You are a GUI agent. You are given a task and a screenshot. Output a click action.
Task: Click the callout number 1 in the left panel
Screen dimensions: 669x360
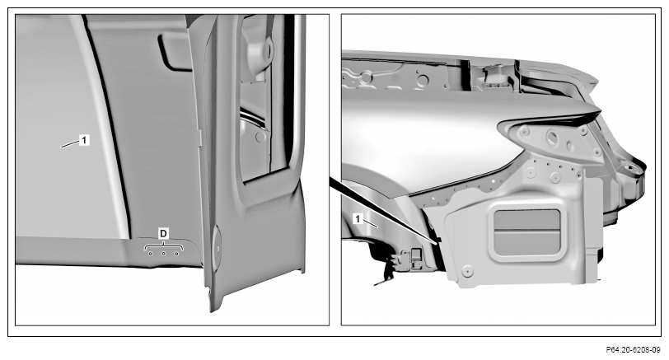85,139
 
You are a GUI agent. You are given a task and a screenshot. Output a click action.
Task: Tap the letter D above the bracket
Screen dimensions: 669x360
163,233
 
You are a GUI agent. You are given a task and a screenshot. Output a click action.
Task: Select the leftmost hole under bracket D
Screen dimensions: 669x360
150,255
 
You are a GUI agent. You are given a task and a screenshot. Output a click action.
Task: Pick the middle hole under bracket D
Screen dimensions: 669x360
163,255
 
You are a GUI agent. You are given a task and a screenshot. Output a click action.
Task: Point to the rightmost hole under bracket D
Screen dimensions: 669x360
176,255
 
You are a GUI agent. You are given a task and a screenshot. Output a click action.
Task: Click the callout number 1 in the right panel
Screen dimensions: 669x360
358,219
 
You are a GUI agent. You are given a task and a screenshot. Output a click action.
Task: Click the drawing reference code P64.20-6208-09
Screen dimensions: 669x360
633,350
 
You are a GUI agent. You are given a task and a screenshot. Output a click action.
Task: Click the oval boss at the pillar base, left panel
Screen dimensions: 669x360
217,248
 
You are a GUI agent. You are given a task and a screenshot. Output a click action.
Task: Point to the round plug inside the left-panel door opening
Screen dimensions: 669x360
260,137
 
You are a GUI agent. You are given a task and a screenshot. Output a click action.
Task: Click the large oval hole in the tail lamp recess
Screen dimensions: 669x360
551,137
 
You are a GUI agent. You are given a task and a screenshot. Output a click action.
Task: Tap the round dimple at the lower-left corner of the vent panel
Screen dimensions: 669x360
467,271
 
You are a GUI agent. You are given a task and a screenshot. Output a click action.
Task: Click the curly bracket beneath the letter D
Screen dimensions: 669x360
164,246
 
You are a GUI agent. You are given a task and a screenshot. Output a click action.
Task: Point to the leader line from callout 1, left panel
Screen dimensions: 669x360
70,144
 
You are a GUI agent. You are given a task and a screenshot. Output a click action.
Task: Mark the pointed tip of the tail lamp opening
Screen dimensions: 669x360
600,112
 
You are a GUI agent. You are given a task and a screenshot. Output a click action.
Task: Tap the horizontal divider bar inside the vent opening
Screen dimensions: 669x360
528,231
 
